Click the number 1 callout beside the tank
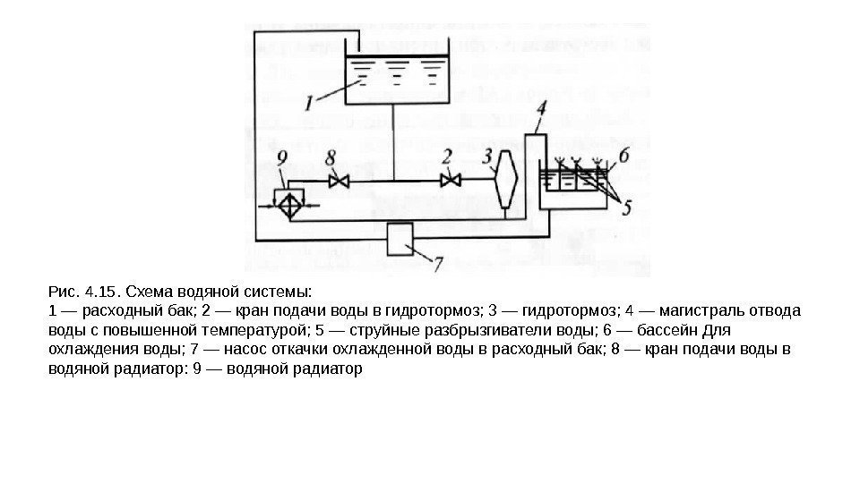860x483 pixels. click(309, 102)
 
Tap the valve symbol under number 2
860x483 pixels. click(451, 181)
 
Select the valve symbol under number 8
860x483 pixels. click(339, 181)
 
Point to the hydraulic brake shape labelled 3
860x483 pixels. click(506, 181)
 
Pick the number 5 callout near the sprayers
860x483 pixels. click(628, 208)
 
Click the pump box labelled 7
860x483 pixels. click(400, 239)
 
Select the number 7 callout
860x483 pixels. click(438, 264)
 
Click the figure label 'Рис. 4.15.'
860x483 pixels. click(82, 292)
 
